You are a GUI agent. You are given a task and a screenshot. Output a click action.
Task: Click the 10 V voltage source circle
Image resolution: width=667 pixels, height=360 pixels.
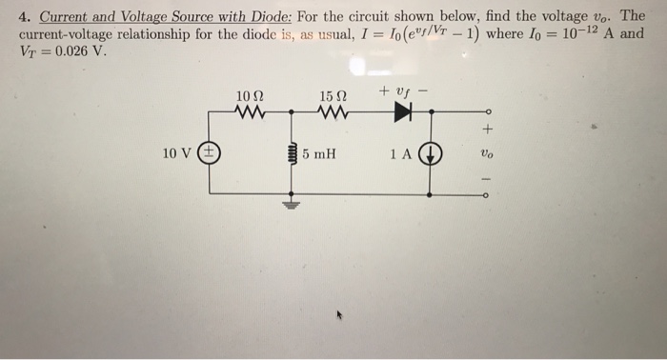tap(210, 152)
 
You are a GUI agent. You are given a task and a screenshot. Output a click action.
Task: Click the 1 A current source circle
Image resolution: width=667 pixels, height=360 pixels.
tap(431, 153)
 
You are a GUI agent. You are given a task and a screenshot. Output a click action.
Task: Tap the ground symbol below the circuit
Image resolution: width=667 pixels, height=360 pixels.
tap(293, 204)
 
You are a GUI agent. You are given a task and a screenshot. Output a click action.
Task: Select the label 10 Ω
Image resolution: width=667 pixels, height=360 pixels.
tap(250, 94)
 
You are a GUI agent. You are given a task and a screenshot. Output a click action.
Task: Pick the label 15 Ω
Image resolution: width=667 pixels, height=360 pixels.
tap(332, 94)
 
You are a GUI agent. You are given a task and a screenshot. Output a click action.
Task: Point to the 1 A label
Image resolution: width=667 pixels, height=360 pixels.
tap(399, 153)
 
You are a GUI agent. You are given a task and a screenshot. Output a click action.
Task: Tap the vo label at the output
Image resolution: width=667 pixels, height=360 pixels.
tap(488, 153)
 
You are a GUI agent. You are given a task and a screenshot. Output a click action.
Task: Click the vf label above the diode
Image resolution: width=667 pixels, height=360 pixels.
tap(401, 91)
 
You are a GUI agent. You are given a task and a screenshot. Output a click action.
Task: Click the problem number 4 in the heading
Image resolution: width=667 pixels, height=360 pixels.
tap(23, 15)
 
